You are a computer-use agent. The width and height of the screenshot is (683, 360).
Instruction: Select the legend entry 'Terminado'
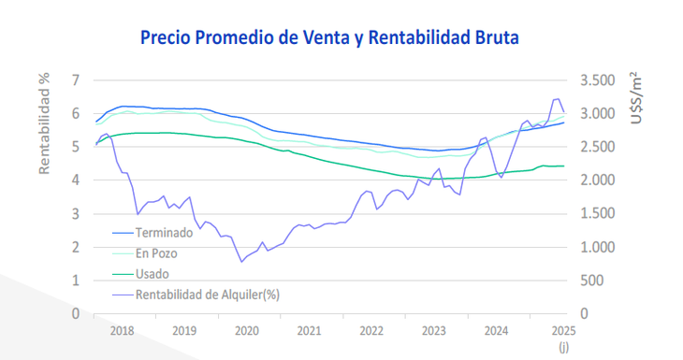pyautogui.click(x=165, y=232)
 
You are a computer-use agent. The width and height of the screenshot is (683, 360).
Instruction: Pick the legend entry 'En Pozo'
pyautogui.click(x=157, y=252)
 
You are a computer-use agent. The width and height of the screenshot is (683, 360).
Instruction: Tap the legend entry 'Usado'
pyautogui.click(x=153, y=273)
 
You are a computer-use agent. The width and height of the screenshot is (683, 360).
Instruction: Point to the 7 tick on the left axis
pyautogui.click(x=75, y=80)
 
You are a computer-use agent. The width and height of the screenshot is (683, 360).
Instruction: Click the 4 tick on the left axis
pyautogui.click(x=75, y=180)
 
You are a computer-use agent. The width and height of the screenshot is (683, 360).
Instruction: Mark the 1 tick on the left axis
pyautogui.click(x=75, y=281)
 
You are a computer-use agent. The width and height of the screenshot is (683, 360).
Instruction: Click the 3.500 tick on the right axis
pyautogui.click(x=600, y=80)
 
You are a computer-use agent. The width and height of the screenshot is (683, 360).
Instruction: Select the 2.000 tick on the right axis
pyautogui.click(x=600, y=180)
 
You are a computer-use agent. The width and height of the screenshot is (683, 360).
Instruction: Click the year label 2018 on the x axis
pyautogui.click(x=123, y=331)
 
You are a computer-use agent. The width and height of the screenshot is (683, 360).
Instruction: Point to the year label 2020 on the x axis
pyautogui.click(x=247, y=331)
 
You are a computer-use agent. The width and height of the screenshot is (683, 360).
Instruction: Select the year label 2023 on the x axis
pyautogui.click(x=434, y=331)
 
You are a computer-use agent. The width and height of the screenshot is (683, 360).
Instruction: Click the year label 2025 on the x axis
pyautogui.click(x=562, y=331)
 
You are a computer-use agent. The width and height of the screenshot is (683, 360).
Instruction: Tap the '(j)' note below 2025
pyautogui.click(x=563, y=347)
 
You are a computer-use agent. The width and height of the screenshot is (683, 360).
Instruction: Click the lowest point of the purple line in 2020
pyautogui.click(x=241, y=262)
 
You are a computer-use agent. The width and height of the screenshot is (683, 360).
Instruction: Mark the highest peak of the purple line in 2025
pyautogui.click(x=557, y=98)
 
